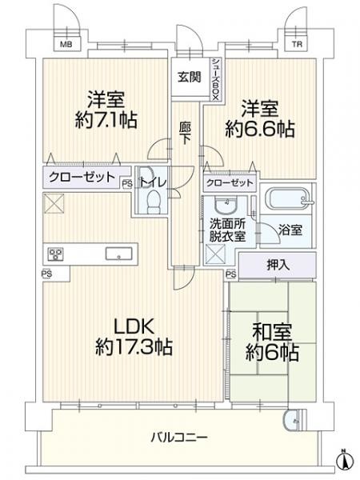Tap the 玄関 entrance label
point(190,78)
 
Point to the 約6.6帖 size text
point(261,130)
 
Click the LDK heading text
point(132,326)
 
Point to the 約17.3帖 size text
point(132,348)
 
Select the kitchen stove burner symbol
point(56,255)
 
